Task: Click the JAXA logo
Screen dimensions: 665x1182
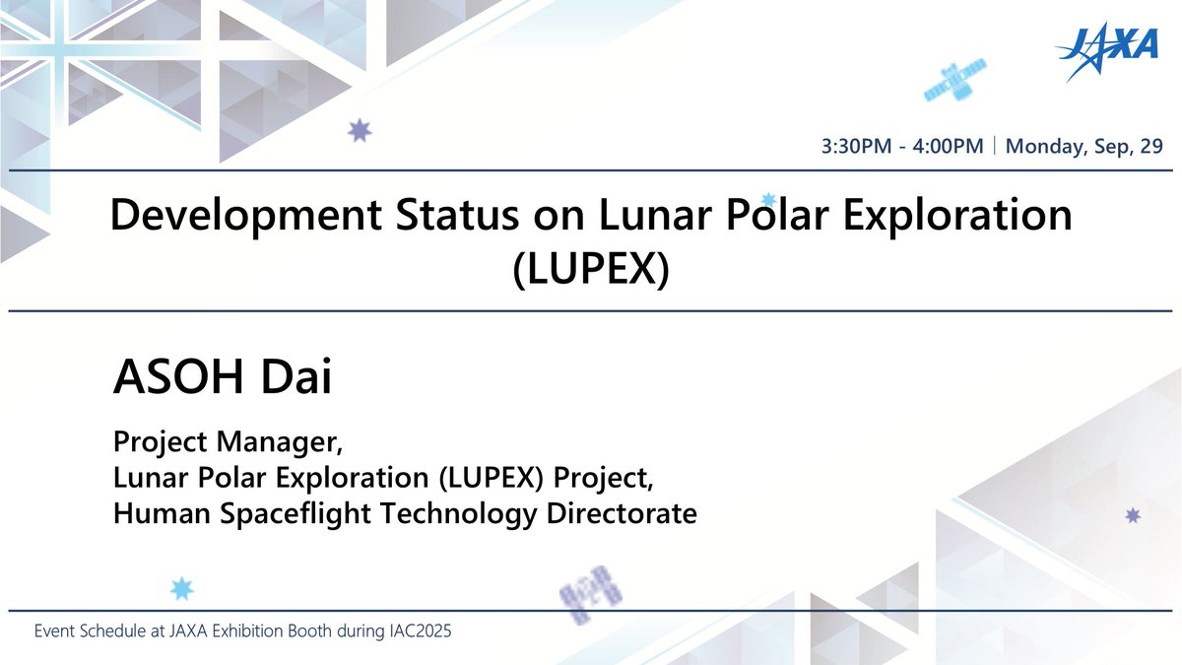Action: (x=1107, y=53)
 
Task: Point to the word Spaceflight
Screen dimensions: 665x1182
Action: (x=304, y=512)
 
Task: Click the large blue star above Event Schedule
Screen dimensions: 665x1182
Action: (x=182, y=588)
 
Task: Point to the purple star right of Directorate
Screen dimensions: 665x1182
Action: (x=1133, y=515)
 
